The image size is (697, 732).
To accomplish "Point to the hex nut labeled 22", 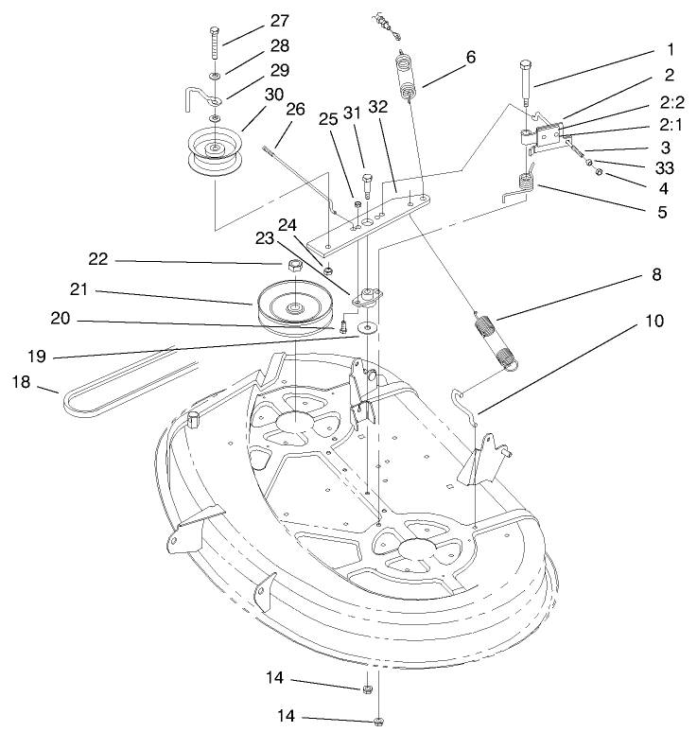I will pyautogui.click(x=294, y=265).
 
